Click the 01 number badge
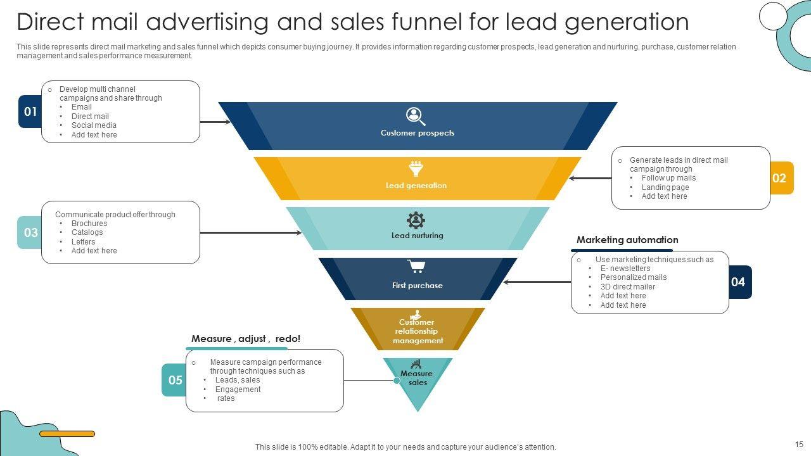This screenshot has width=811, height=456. [x=30, y=112]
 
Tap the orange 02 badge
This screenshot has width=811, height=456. [x=779, y=178]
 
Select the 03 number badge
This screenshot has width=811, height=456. [x=30, y=232]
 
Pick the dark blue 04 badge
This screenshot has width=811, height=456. [x=738, y=282]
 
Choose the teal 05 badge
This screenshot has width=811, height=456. [x=175, y=380]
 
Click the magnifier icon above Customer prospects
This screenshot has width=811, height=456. [x=416, y=117]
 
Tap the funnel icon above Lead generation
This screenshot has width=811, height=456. [x=416, y=168]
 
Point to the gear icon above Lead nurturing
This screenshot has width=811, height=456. [x=416, y=220]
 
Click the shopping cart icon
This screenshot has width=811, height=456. [x=416, y=266]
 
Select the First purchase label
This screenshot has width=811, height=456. [x=417, y=286]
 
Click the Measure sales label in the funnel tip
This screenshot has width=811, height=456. [x=417, y=378]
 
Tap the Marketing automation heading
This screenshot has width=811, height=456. [x=627, y=240]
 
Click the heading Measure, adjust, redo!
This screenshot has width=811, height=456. [x=246, y=339]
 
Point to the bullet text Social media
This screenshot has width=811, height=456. [x=94, y=125]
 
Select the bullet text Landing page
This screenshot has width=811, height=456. [x=665, y=187]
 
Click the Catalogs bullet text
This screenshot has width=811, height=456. [x=87, y=232]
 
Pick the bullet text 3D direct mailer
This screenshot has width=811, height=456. [x=628, y=287]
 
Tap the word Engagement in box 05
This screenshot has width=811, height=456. [x=238, y=389]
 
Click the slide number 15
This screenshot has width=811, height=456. [x=799, y=444]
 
